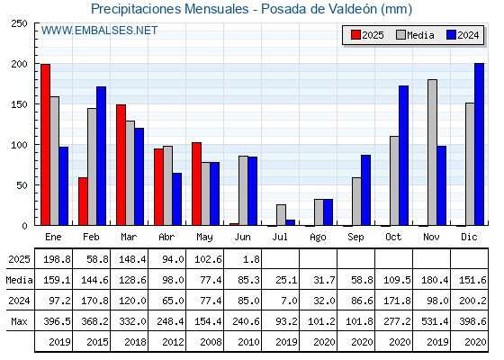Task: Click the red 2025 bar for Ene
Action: [x=45, y=145]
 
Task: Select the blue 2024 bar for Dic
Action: [x=479, y=144]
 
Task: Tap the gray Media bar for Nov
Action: [x=432, y=152]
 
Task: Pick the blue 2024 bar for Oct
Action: [x=403, y=156]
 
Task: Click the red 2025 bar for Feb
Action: [x=83, y=202]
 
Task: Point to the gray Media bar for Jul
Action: [x=281, y=215]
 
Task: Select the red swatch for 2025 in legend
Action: [x=355, y=35]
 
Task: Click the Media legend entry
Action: [x=415, y=35]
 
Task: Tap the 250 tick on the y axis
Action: [x=19, y=23]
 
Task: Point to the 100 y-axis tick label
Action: [x=19, y=145]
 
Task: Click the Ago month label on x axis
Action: [x=318, y=238]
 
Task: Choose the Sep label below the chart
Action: [x=355, y=238]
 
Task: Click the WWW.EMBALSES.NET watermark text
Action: [x=99, y=31]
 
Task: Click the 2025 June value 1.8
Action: [x=251, y=259]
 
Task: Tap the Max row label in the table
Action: [x=19, y=321]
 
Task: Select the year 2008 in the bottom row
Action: [x=211, y=342]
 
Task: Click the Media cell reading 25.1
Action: [x=286, y=280]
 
